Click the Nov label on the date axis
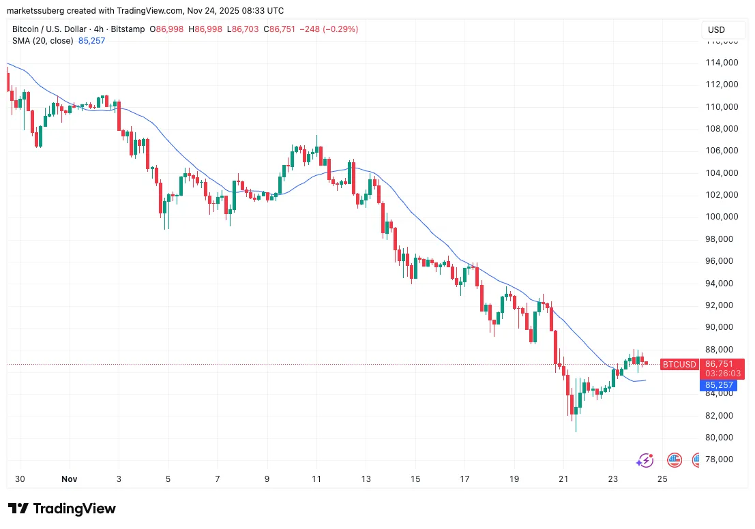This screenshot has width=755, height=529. click(x=69, y=479)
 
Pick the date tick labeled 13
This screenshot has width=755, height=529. click(x=366, y=479)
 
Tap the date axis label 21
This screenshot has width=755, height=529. click(x=563, y=479)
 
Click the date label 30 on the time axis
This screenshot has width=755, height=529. click(x=20, y=479)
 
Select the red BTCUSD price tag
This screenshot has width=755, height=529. click(x=679, y=365)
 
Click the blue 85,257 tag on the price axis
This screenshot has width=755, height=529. click(x=719, y=385)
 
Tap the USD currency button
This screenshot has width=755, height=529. click(x=716, y=30)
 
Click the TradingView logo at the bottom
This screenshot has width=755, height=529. click(x=62, y=509)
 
